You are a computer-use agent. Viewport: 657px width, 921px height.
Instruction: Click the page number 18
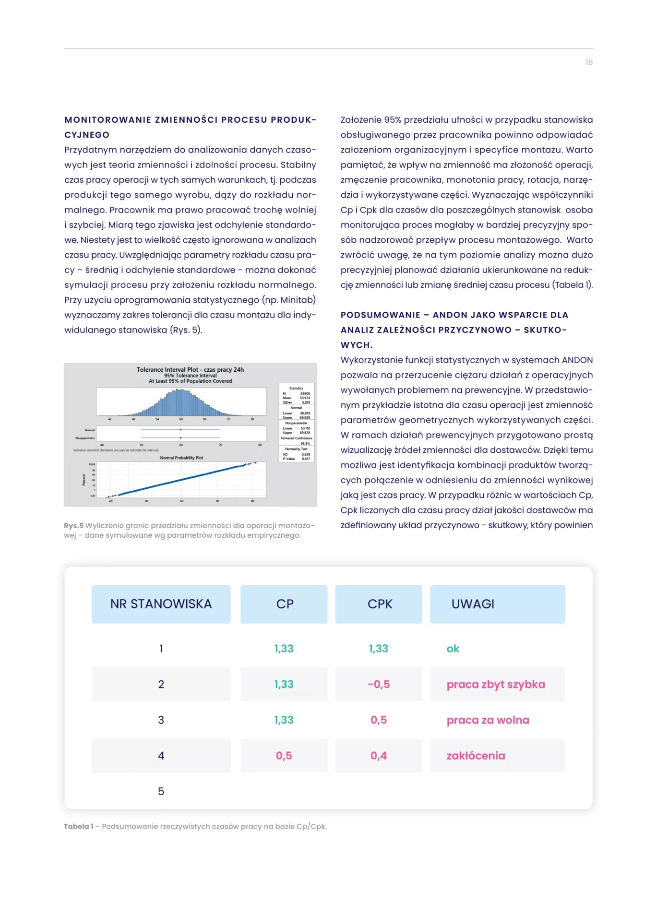(589, 62)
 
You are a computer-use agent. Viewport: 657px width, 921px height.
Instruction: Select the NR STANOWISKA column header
(161, 604)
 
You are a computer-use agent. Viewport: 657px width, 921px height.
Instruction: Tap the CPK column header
(380, 604)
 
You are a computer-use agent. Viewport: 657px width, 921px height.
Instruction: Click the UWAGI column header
(473, 604)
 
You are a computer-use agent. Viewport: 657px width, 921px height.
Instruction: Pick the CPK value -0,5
(379, 685)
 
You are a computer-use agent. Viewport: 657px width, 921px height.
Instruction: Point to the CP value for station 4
(284, 756)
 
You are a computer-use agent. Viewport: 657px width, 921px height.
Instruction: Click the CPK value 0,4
(379, 756)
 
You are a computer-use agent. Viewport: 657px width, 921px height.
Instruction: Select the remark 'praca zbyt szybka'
(496, 685)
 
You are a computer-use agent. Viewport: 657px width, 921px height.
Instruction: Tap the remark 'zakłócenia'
(476, 756)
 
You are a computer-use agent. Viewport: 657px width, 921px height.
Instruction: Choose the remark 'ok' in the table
(453, 649)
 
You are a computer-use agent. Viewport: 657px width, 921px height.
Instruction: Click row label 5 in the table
(161, 791)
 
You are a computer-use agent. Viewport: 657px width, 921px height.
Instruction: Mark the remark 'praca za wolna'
(488, 720)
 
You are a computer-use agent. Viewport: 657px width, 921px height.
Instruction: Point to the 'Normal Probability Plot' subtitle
(181, 458)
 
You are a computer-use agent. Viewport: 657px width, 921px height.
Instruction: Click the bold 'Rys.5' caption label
(73, 526)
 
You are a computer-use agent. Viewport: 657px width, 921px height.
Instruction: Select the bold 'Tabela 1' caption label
(79, 827)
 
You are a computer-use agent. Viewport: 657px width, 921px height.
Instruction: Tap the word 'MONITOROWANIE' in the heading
(108, 120)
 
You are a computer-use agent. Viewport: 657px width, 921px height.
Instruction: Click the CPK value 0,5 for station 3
(379, 720)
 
